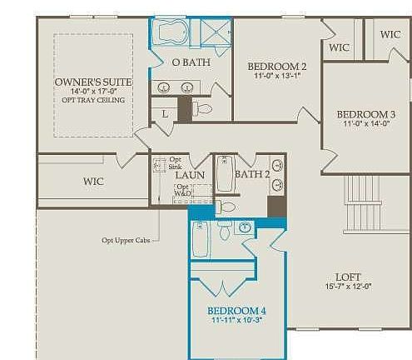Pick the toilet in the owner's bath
click(x=202, y=108)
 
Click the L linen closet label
click(x=165, y=112)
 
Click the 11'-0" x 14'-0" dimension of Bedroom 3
click(x=365, y=124)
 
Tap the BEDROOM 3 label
click(x=365, y=113)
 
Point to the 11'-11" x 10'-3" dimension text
click(x=236, y=323)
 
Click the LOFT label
click(x=347, y=276)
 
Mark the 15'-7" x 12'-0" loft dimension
click(x=347, y=287)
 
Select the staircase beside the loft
click(x=363, y=204)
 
